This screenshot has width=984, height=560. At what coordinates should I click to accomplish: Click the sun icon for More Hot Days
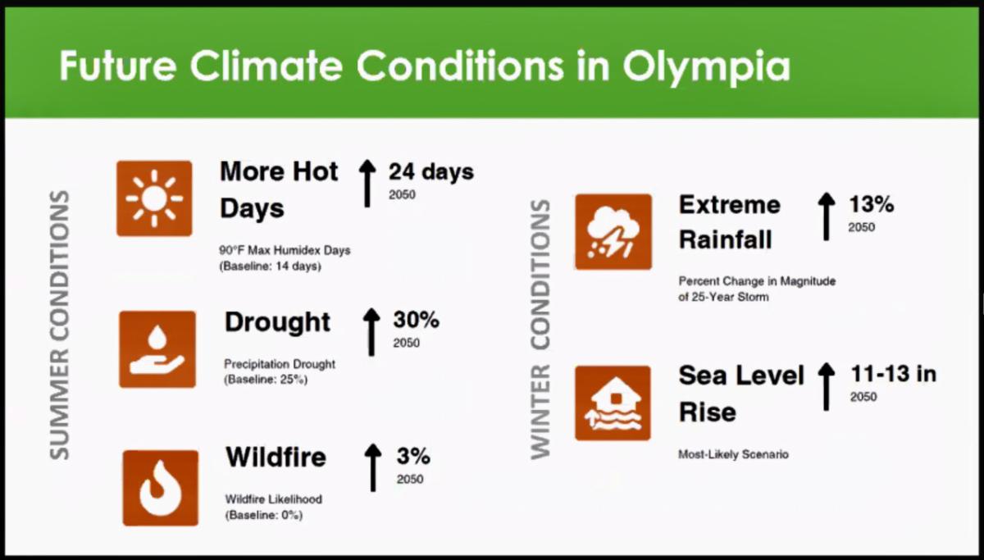point(154,198)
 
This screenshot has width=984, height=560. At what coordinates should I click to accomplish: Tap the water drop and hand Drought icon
point(157,348)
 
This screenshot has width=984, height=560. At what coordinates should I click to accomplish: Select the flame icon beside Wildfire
point(160,488)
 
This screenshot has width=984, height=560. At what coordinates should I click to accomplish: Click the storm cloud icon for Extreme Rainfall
point(613,231)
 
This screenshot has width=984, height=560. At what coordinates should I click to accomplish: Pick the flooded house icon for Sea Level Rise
point(613,403)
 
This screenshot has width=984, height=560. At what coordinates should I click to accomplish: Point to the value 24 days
point(430,172)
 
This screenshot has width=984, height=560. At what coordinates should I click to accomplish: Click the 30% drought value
point(416,320)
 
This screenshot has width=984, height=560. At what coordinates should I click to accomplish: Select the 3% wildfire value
point(413,457)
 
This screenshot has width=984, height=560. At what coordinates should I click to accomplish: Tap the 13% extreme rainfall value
point(871,204)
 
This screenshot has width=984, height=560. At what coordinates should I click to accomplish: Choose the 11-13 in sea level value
point(892,375)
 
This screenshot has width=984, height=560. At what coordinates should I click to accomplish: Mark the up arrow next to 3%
point(373,467)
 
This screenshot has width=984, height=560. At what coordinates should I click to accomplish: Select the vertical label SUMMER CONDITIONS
point(59,326)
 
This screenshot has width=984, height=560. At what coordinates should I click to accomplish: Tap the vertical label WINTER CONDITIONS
point(540,330)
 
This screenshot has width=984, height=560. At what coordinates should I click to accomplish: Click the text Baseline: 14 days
point(270,266)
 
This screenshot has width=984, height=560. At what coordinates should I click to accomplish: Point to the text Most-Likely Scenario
point(733,454)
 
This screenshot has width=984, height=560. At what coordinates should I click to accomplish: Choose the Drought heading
point(277,322)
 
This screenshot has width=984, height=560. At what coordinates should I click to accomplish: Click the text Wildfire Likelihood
point(273,499)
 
